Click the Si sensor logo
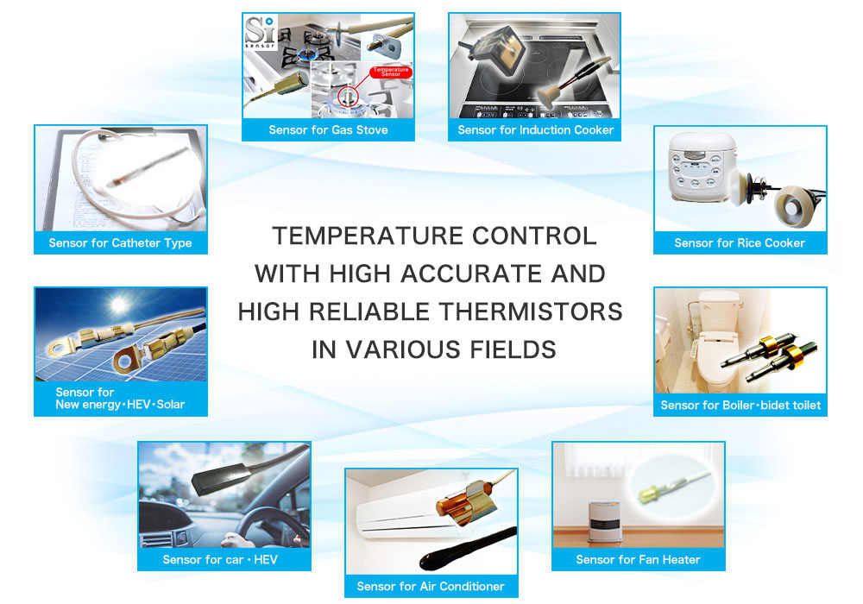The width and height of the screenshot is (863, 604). [x=260, y=32]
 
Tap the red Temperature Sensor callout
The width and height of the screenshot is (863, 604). [x=391, y=72]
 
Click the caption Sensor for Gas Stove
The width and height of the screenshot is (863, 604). [x=328, y=129]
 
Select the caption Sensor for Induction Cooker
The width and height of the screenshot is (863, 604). [x=536, y=129]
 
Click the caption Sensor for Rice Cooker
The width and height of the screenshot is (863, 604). [x=740, y=242]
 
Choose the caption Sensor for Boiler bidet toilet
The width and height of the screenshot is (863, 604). [x=740, y=406]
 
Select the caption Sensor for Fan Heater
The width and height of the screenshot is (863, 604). [x=638, y=559]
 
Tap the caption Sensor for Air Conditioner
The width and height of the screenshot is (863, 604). [x=431, y=587]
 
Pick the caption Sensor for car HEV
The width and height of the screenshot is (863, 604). [x=220, y=559]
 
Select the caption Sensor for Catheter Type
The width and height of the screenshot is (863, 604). [x=120, y=242]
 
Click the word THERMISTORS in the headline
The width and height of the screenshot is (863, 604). [x=531, y=311]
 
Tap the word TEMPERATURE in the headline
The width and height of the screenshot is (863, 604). [x=368, y=236]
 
